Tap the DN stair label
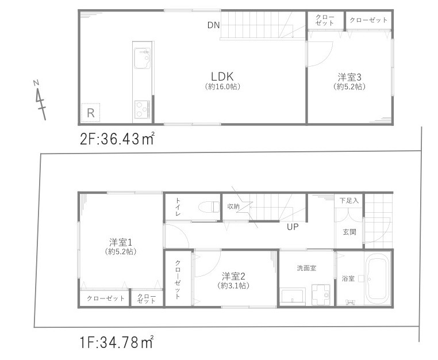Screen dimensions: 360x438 click(x=214, y=25)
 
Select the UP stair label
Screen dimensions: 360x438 click(x=293, y=227)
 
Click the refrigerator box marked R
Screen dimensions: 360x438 click(x=90, y=113)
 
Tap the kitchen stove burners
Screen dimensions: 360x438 click(x=141, y=108)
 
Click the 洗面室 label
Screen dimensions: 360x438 click(x=306, y=268)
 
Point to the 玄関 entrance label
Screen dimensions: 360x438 click(x=348, y=232)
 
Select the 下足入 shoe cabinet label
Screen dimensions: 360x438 click(x=348, y=201)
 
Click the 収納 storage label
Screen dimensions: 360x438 click(x=233, y=206)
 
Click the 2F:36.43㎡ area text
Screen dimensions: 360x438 click(x=117, y=139)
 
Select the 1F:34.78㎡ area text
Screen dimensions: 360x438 click(x=116, y=344)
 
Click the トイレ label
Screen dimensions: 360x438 click(x=177, y=208)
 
